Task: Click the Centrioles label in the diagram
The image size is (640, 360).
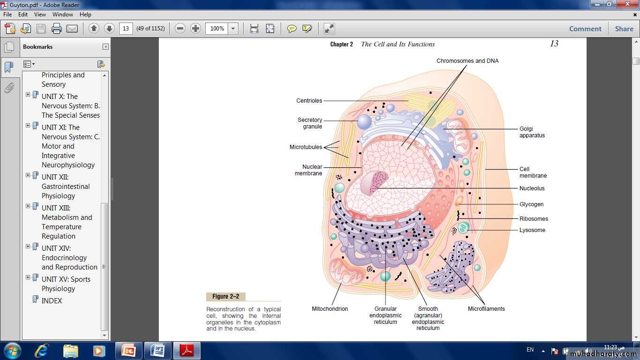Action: tap(309, 101)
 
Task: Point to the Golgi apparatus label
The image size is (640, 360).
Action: tap(532, 132)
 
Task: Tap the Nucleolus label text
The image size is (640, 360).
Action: tap(532, 188)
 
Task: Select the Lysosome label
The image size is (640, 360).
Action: tap(532, 230)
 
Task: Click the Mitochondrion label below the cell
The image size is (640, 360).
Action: tap(330, 309)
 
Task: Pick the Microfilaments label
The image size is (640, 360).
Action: tap(486, 309)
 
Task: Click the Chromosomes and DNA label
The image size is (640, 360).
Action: tap(468, 61)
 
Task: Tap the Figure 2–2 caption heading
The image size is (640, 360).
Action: tap(226, 297)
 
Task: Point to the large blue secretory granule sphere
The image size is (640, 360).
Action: tap(365, 121)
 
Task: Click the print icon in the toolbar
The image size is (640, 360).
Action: tap(56, 29)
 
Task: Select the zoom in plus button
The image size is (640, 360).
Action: tap(195, 29)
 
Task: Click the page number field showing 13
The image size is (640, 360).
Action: tap(126, 29)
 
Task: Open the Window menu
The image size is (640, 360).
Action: tap(63, 15)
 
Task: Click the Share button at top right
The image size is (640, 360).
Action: tap(624, 29)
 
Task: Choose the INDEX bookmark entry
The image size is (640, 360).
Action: tap(52, 301)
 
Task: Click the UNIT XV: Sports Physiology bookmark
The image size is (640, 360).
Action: tap(66, 284)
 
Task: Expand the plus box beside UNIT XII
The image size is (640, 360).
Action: tap(28, 175)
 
